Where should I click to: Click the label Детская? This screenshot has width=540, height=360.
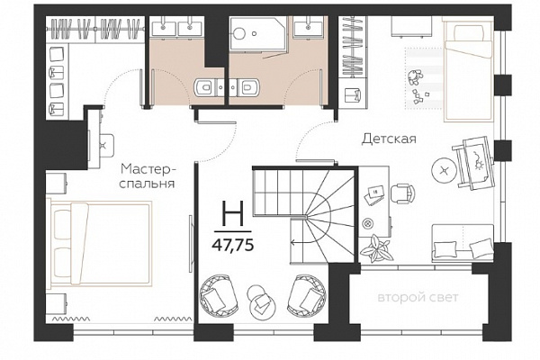pyautogui.click(x=389, y=139)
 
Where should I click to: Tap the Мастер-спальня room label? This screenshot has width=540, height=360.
pyautogui.click(x=148, y=175)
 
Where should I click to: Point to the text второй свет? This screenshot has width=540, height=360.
pyautogui.click(x=418, y=297)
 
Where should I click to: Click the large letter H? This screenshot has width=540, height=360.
pyautogui.click(x=233, y=213)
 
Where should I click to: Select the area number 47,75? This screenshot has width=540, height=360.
pyautogui.click(x=233, y=246)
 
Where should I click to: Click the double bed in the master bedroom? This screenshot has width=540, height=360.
pyautogui.click(x=100, y=244)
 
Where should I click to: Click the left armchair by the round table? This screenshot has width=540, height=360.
pyautogui.click(x=219, y=296)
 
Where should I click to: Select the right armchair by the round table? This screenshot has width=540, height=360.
pyautogui.click(x=307, y=295)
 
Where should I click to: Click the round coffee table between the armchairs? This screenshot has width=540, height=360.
pyautogui.click(x=261, y=302)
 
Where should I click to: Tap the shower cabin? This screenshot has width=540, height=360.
pyautogui.click(x=258, y=33)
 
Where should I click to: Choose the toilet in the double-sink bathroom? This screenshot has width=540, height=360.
pyautogui.click(x=205, y=86)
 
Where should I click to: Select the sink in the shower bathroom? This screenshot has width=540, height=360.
pyautogui.click(x=308, y=26)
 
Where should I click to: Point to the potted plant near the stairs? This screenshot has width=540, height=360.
pyautogui.click(x=375, y=248)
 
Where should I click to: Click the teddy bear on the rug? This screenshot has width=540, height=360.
pyautogui.click(x=414, y=77)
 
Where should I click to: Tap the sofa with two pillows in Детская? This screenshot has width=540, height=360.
pyautogui.click(x=463, y=243)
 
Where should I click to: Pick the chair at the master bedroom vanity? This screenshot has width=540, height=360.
pyautogui.click(x=106, y=145)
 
